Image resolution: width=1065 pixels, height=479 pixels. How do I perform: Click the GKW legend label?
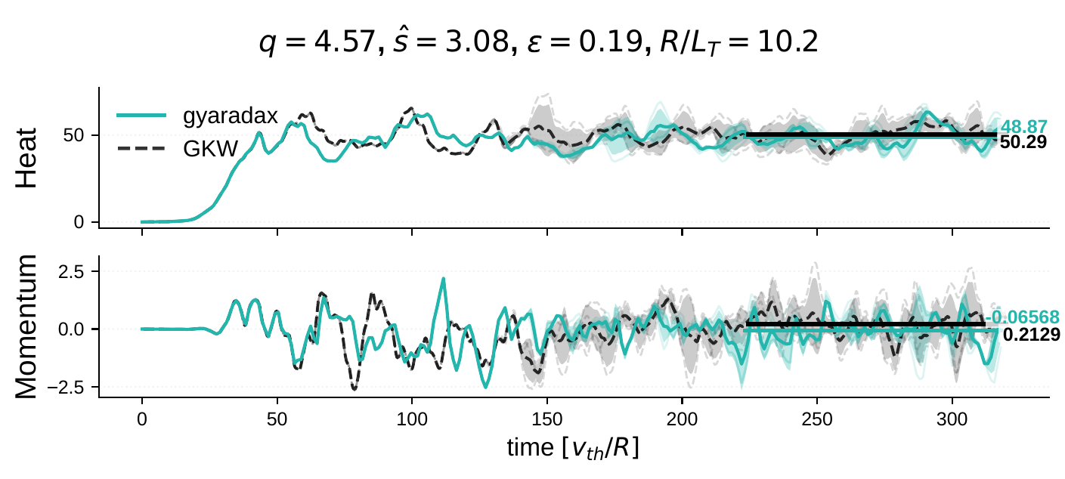pyautogui.click(x=211, y=149)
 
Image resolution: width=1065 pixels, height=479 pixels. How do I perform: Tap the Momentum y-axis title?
pyautogui.click(x=27, y=326)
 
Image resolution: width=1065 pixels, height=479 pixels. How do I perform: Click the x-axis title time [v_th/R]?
pyautogui.click(x=574, y=448)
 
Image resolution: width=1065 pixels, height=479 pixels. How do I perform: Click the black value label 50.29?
pyautogui.click(x=1023, y=142)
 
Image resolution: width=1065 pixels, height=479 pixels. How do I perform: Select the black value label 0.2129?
pyautogui.click(x=1026, y=333)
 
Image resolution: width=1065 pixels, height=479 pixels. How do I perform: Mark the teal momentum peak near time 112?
pyautogui.click(x=443, y=279)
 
